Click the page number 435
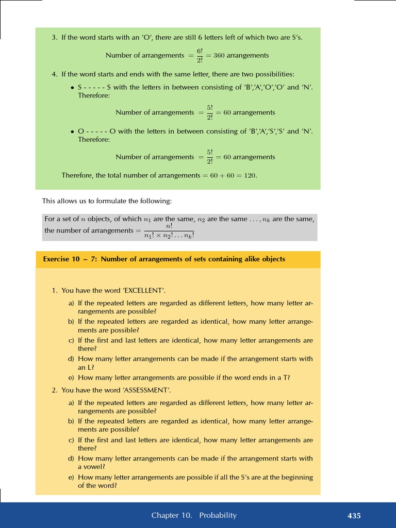[354, 516]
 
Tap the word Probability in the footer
[218, 516]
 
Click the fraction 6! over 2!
[200, 56]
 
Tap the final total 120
[250, 176]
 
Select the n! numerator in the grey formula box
[169, 226]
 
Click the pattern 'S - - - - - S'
[94, 88]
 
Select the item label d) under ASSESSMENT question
[71, 458]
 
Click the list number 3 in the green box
[54, 38]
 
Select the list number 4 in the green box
[54, 75]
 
